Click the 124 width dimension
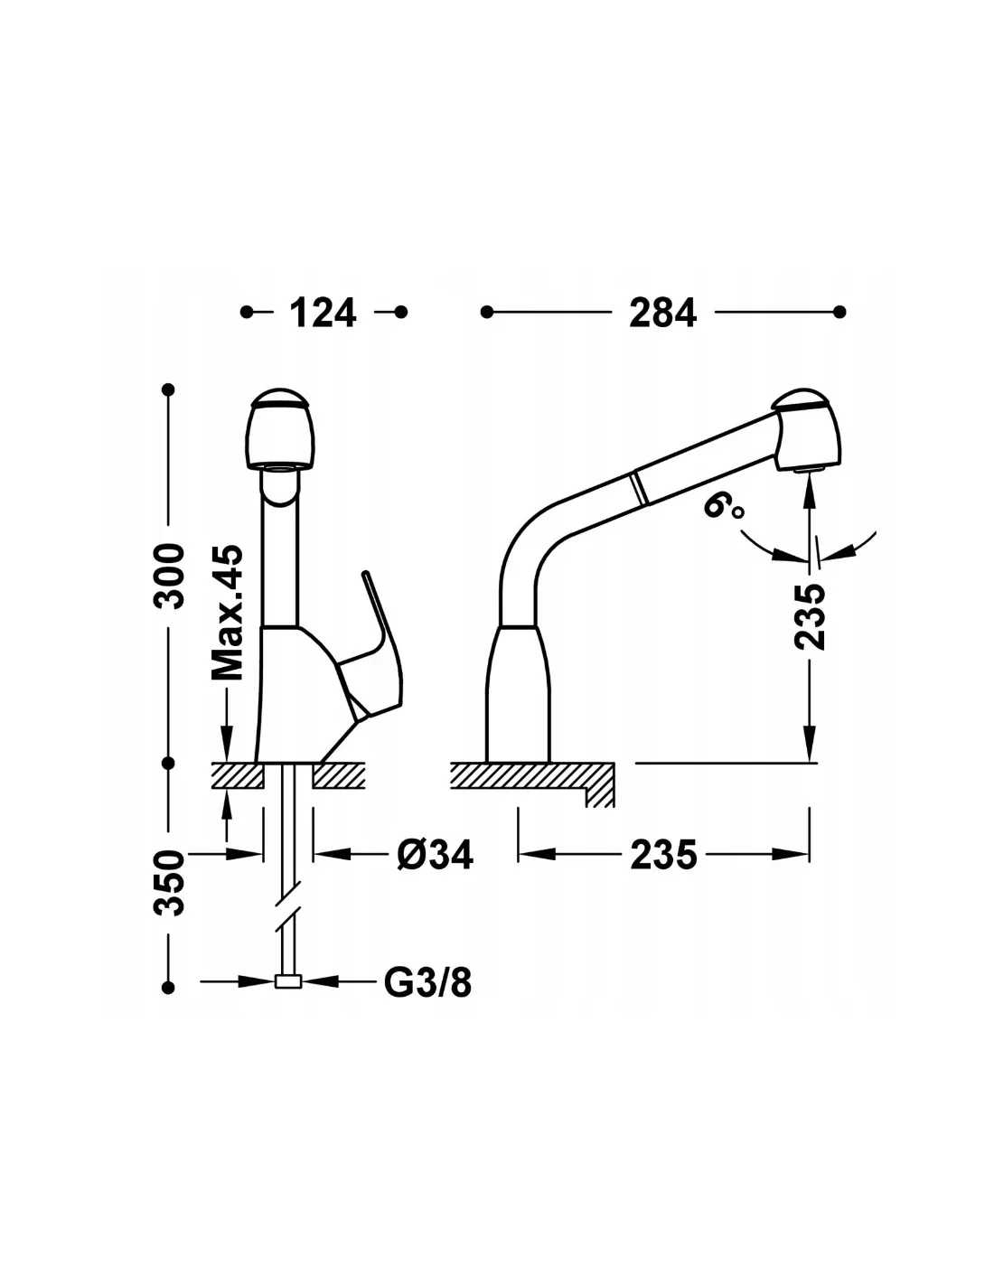pos(323,313)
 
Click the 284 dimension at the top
pos(662,313)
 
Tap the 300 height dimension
pos(169,576)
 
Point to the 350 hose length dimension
pos(169,882)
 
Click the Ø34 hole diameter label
pos(435,854)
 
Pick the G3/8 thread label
pos(427,981)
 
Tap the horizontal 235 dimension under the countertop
pos(663,854)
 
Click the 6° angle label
pos(723,509)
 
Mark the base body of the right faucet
pos(519,692)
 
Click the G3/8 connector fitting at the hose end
pos(287,982)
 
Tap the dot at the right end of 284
pos(839,313)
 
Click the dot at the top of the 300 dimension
pos(168,389)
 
